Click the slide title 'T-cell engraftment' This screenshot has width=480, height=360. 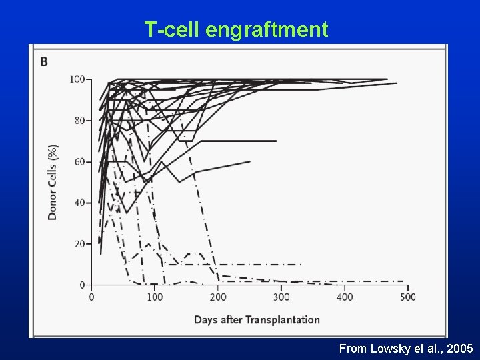click(236, 29)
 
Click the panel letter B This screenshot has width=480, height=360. click(45, 62)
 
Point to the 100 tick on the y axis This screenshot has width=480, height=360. click(77, 79)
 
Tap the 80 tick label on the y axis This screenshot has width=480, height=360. click(79, 121)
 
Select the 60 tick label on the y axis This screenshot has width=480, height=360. click(79, 161)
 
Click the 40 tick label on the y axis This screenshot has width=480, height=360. click(79, 203)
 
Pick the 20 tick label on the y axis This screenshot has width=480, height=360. click(79, 244)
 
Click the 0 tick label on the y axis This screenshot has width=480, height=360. click(82, 285)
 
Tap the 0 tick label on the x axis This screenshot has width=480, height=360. click(91, 297)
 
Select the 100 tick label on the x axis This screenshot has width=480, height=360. click(155, 297)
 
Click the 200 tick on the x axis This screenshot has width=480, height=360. click(218, 297)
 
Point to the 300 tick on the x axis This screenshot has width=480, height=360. click(281, 297)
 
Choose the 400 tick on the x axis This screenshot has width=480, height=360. click(344, 297)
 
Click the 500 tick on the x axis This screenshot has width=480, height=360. click(407, 297)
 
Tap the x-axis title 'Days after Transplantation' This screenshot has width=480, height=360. click(257, 319)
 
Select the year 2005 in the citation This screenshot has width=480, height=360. click(461, 348)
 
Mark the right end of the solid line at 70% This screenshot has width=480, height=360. click(276, 141)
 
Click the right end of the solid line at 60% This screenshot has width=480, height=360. click(250, 161)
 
